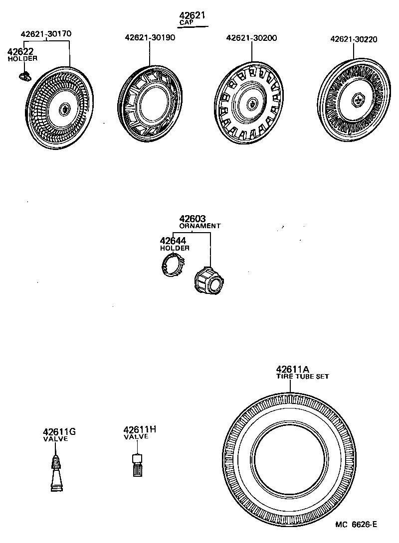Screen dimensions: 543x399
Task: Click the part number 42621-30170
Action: pos(46,34)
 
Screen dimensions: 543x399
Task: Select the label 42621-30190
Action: pos(150,38)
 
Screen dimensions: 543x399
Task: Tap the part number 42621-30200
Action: pos(251,38)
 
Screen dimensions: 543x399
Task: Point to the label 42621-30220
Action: pos(353,39)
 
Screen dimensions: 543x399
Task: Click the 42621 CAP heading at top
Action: pos(193,18)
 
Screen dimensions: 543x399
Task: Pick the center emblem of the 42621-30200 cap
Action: pos(252,104)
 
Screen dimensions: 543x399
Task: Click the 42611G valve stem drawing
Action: pos(57,474)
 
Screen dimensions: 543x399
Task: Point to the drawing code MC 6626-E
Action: pos(356,524)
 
